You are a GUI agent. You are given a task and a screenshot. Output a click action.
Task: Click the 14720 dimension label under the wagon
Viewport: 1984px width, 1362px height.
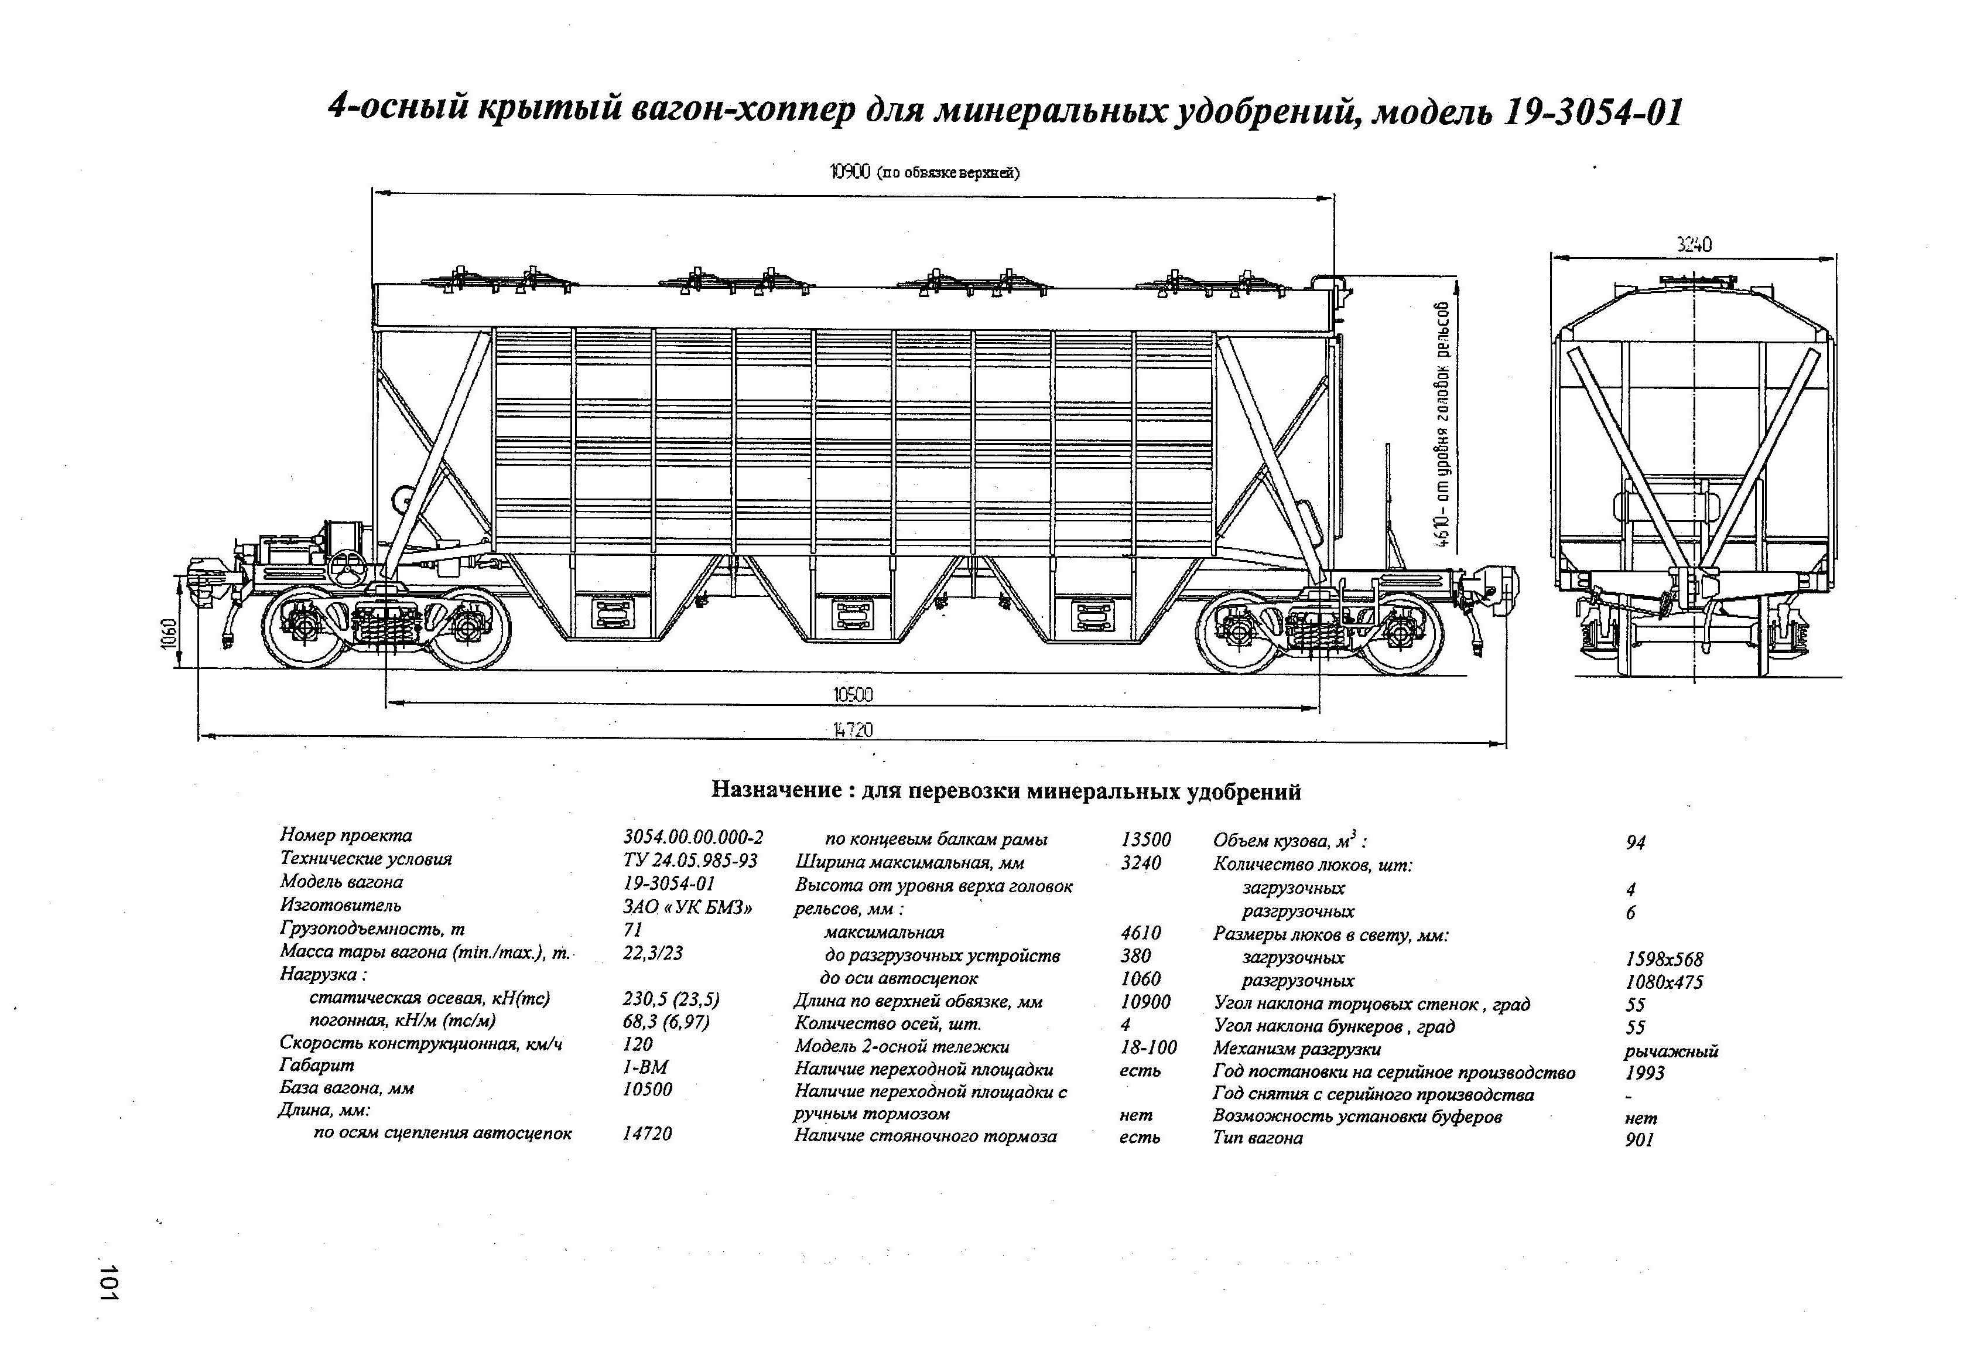[x=853, y=730]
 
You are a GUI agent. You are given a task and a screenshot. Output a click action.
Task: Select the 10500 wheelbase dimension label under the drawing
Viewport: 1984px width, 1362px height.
[x=853, y=695]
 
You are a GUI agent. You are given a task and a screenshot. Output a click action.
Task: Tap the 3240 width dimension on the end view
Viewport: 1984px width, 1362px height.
[x=1694, y=245]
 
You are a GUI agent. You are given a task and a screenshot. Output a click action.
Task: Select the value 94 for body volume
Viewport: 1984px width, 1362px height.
[x=1636, y=843]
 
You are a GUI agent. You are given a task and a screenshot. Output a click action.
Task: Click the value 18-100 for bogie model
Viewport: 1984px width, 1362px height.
[x=1148, y=1047]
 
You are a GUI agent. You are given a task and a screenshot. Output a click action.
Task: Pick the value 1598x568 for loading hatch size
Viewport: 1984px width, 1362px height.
[x=1665, y=960]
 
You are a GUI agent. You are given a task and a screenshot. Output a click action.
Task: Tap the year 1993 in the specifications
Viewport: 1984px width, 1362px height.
[x=1645, y=1073]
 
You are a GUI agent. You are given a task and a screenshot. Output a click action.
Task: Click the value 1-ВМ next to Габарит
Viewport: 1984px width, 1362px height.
[x=645, y=1067]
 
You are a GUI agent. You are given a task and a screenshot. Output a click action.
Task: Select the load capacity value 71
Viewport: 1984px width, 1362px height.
[x=632, y=929]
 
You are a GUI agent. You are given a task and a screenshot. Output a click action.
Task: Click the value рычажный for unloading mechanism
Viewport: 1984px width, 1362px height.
[x=1671, y=1051]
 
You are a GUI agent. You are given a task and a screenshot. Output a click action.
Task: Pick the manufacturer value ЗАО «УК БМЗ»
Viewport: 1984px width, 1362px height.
[x=688, y=907]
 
